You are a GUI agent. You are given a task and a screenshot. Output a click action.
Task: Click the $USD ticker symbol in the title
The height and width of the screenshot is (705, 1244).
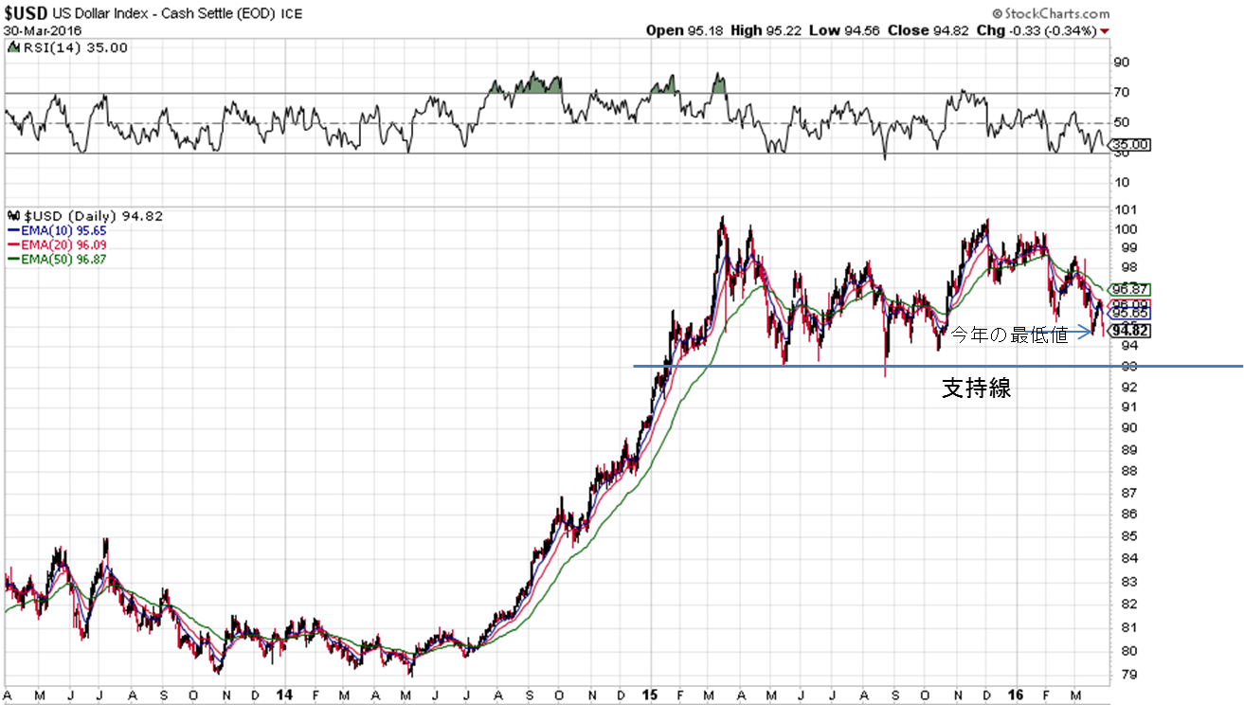25,14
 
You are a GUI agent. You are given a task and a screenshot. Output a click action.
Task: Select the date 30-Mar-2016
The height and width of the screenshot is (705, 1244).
43,30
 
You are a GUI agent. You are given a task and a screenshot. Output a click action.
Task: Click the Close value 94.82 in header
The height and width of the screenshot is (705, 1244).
952,30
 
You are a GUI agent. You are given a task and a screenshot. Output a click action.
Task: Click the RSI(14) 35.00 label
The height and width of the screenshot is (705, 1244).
66,47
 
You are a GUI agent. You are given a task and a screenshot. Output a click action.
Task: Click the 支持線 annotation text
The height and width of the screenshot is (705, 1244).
976,389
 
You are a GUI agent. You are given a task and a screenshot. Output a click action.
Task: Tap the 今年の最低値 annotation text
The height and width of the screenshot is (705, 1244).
1009,335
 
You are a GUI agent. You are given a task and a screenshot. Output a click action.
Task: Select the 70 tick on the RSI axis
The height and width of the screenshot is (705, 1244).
1121,93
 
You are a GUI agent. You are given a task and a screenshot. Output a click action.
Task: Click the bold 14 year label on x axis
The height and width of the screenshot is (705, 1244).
282,695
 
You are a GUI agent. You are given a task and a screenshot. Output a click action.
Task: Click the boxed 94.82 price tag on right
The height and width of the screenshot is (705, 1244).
1130,331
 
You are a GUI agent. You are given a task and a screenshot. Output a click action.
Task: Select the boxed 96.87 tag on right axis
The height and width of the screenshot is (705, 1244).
1129,289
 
